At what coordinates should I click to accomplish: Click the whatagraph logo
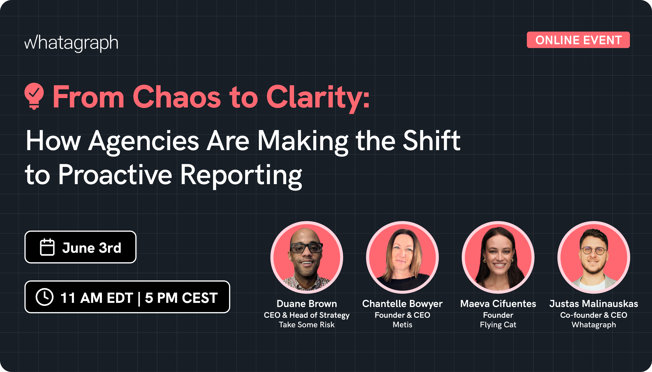click(x=71, y=43)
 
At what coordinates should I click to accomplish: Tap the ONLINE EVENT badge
click(x=578, y=40)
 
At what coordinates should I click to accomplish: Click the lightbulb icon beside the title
click(x=34, y=96)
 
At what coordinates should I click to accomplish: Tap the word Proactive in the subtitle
click(x=115, y=175)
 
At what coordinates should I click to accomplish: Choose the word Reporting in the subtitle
click(x=241, y=175)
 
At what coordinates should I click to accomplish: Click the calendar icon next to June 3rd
click(x=47, y=247)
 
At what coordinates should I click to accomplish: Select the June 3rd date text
click(x=92, y=248)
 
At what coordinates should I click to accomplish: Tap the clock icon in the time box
click(x=44, y=297)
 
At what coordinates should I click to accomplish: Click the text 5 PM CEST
click(x=181, y=298)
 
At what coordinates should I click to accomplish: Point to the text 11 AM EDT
click(x=97, y=298)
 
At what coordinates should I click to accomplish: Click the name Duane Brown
click(x=307, y=304)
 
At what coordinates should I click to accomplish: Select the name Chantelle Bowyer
click(x=402, y=304)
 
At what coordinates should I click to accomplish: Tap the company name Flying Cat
click(x=498, y=325)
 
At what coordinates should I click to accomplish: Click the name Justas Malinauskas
click(x=593, y=304)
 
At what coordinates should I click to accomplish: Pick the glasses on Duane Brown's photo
click(x=307, y=248)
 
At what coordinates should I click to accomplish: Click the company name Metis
click(x=402, y=325)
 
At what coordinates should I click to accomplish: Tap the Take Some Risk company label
click(x=307, y=325)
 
